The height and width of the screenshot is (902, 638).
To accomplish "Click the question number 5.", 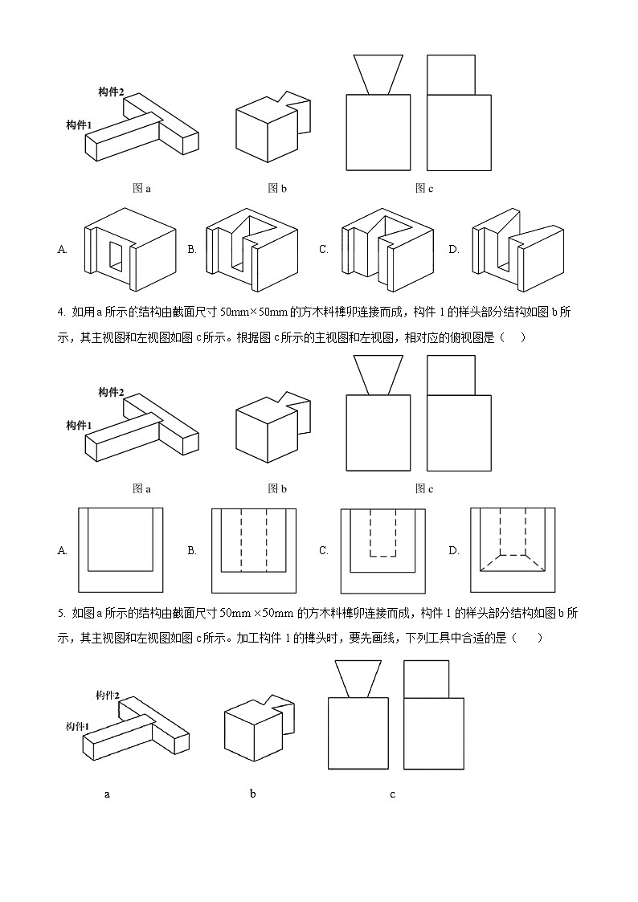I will click(x=60, y=613).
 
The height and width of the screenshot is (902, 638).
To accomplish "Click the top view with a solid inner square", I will click(x=120, y=550).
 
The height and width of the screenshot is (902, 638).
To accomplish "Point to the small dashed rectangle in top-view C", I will click(x=383, y=532).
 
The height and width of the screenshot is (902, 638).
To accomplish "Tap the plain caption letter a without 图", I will click(x=107, y=794).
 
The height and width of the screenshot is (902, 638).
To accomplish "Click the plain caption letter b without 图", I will click(x=252, y=794).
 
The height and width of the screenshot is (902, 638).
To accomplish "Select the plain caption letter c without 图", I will click(x=392, y=794).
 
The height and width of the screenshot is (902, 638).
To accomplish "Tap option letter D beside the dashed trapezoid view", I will click(x=454, y=550).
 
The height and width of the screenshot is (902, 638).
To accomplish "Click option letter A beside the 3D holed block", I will click(x=62, y=250).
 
